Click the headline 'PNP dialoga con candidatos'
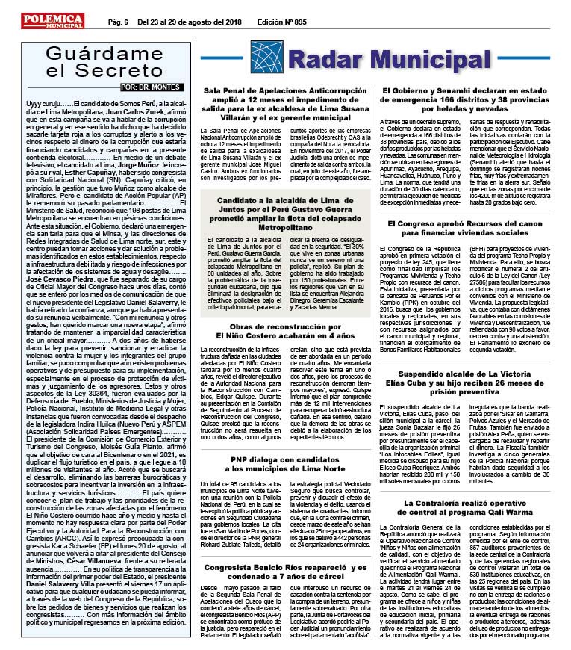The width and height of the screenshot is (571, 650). [x=281, y=420]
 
